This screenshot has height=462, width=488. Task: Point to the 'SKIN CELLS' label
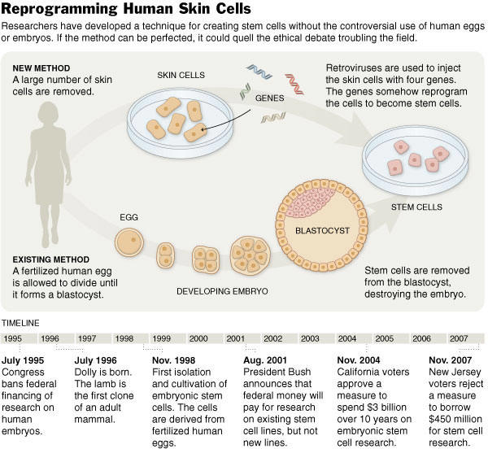click(x=182, y=75)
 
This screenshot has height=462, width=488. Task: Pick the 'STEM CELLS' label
click(x=416, y=207)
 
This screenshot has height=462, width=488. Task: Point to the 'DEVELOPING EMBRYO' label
click(x=222, y=290)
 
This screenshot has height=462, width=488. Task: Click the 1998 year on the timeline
click(x=124, y=338)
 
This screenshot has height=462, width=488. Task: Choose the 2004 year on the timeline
click(x=346, y=338)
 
